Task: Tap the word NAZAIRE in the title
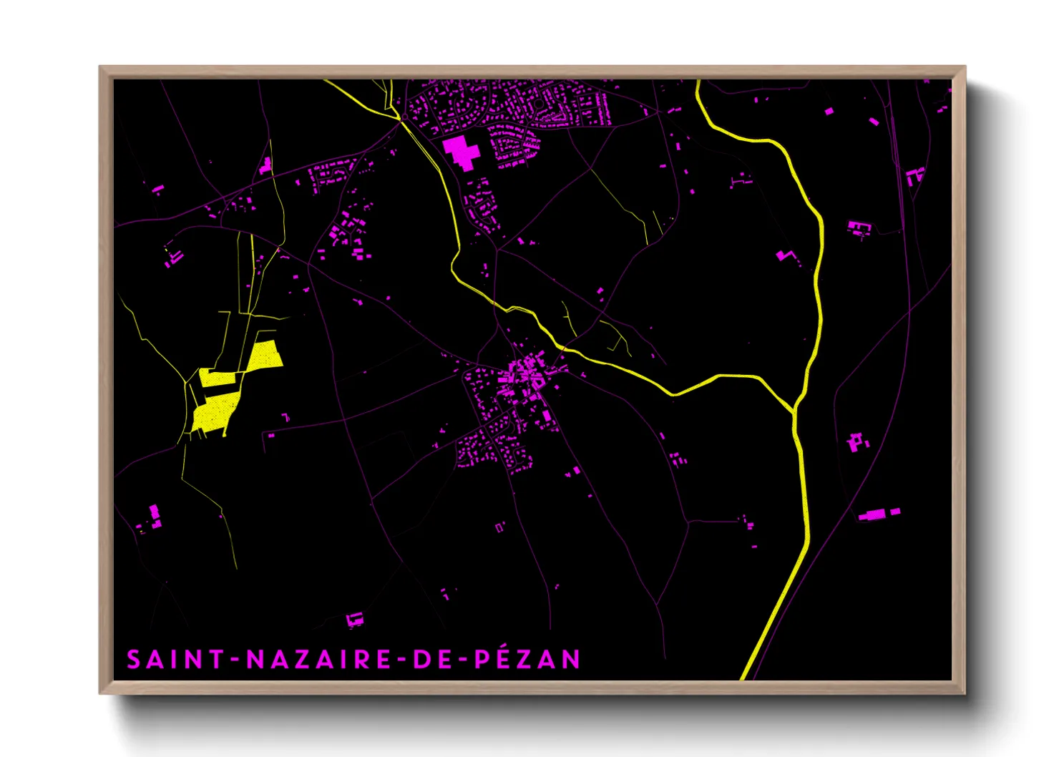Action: coord(319,659)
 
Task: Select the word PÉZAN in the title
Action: coord(528,659)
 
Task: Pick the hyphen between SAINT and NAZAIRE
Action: coord(235,660)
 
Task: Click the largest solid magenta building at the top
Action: coord(460,152)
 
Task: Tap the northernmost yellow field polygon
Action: coord(265,355)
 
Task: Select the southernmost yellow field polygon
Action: coord(213,414)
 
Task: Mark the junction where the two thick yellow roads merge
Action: coord(794,411)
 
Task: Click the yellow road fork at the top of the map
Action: coord(398,114)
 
